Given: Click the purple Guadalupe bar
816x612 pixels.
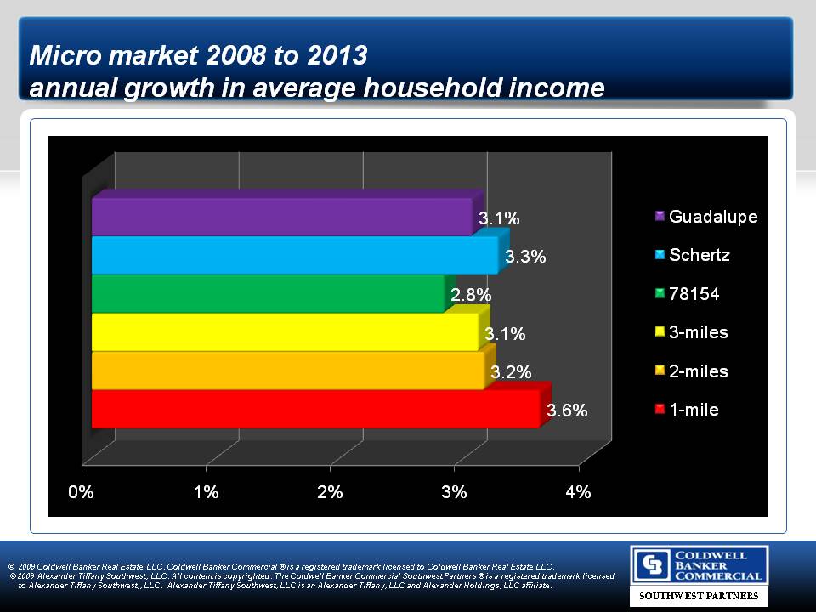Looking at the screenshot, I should coord(280,217).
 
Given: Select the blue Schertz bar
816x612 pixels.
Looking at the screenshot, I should coord(294,255).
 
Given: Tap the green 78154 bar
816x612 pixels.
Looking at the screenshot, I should coord(268,293).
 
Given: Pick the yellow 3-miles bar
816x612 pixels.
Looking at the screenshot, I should coord(285,331).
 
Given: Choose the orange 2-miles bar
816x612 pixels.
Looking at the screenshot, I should coord(287,370).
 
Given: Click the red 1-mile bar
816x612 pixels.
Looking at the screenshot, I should coord(314,409).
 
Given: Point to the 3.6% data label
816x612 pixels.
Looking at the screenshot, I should coord(567,411).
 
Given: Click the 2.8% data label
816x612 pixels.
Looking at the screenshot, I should coord(471,295).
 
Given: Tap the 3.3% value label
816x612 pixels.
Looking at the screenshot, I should coord(525,257).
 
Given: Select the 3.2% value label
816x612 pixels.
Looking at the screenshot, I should coord(512,371).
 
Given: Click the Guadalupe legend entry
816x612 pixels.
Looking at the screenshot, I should coord(712,217).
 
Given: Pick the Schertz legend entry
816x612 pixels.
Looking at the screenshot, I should coord(699,255).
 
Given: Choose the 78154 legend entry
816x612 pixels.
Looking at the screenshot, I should coord(694,294).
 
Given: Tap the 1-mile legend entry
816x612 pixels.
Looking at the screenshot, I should coord(693,410).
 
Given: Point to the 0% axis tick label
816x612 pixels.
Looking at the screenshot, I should coord(82,491).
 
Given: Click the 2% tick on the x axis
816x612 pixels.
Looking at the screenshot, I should coord(330,491).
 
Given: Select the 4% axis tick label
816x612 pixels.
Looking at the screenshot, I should coord(579,491).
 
